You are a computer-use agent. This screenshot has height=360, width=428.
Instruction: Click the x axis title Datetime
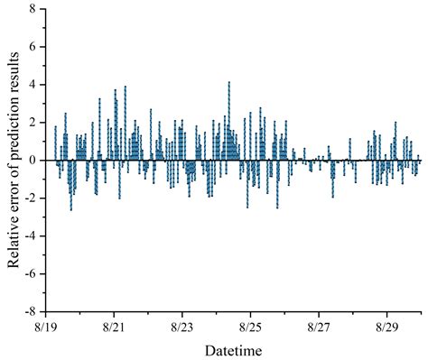tap(233, 349)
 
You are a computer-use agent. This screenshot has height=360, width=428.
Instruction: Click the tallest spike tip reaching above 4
tap(229, 82)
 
